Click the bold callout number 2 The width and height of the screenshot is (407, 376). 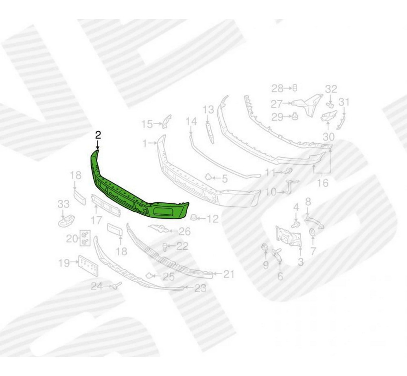[98, 135]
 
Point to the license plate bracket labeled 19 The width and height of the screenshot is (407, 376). [88, 265]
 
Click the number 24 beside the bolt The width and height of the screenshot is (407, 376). [96, 286]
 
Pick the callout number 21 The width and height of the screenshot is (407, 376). [228, 274]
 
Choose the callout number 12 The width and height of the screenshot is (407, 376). [212, 219]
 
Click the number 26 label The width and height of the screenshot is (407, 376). [184, 231]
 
